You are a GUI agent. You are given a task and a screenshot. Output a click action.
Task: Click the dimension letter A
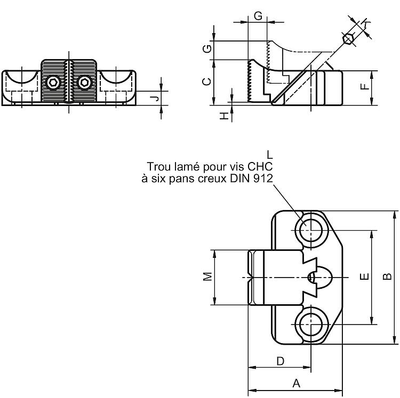[x=296, y=383]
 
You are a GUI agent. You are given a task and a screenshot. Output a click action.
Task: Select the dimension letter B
[x=387, y=276]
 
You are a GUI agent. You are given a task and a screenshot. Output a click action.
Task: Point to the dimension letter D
[x=281, y=361]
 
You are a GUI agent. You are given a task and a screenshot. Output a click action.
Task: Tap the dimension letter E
[x=365, y=276]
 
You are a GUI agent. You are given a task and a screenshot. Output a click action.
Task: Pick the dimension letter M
[x=207, y=277]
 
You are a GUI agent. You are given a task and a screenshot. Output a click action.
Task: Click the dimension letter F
[x=365, y=87]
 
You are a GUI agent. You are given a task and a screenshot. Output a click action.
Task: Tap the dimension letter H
[x=223, y=117]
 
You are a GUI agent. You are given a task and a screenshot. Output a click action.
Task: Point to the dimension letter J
[x=154, y=99]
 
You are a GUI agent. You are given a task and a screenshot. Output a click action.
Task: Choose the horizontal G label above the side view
[x=258, y=16]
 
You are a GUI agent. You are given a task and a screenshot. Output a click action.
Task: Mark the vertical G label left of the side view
[x=207, y=48]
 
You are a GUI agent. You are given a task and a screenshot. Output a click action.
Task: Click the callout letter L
[x=269, y=155]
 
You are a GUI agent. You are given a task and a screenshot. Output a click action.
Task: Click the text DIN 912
[x=252, y=178]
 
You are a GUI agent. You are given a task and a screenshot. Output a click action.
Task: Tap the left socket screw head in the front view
[x=53, y=83]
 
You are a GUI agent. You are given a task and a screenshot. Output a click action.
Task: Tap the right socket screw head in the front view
[x=84, y=83]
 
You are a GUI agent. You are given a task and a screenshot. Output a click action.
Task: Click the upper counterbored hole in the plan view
[x=311, y=230]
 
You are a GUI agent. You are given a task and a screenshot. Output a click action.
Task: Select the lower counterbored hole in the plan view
[x=311, y=324]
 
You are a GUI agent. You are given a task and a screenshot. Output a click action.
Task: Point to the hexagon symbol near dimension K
[x=347, y=39]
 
